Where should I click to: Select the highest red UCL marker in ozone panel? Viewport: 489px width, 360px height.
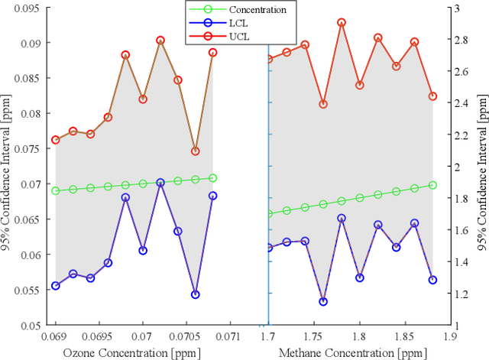(x=160, y=41)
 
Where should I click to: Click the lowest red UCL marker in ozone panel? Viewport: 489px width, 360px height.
(x=196, y=151)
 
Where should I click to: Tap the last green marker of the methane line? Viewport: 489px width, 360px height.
(x=432, y=185)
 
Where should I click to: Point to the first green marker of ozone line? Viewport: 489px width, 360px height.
(x=56, y=190)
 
